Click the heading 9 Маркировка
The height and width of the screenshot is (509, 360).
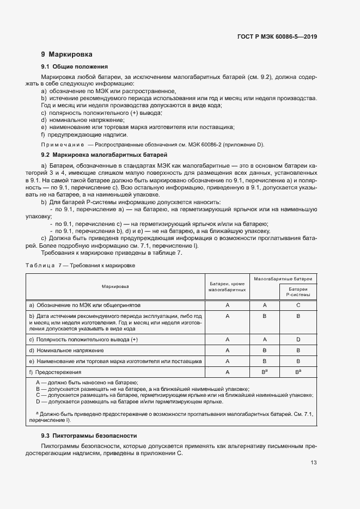(x=66, y=54)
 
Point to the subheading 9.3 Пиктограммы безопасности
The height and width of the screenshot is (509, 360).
(x=89, y=436)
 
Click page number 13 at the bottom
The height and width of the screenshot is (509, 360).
(x=314, y=463)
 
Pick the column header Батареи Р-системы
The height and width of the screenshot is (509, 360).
(x=298, y=292)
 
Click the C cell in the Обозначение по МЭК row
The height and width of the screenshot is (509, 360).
(x=298, y=305)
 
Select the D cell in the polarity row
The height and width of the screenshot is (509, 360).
(x=298, y=339)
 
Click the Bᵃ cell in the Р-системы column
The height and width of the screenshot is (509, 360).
(x=298, y=372)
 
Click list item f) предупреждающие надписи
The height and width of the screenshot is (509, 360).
(x=84, y=134)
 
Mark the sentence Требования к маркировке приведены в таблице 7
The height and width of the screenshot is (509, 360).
(x=112, y=252)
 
